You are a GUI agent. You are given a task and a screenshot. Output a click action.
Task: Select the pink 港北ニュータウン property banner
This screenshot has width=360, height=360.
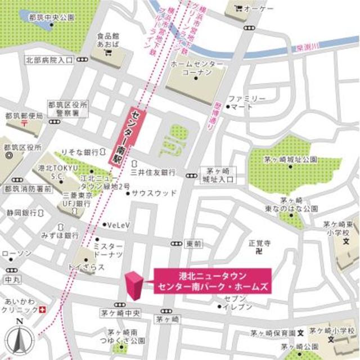(213, 280)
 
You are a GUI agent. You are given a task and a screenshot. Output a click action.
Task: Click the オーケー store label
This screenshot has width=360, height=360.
(258, 9)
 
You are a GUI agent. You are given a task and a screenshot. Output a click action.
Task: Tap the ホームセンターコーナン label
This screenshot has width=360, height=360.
(196, 69)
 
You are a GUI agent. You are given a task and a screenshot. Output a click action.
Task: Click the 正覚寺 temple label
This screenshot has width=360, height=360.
(260, 243)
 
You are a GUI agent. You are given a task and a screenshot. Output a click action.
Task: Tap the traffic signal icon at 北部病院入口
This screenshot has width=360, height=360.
(83, 59)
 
